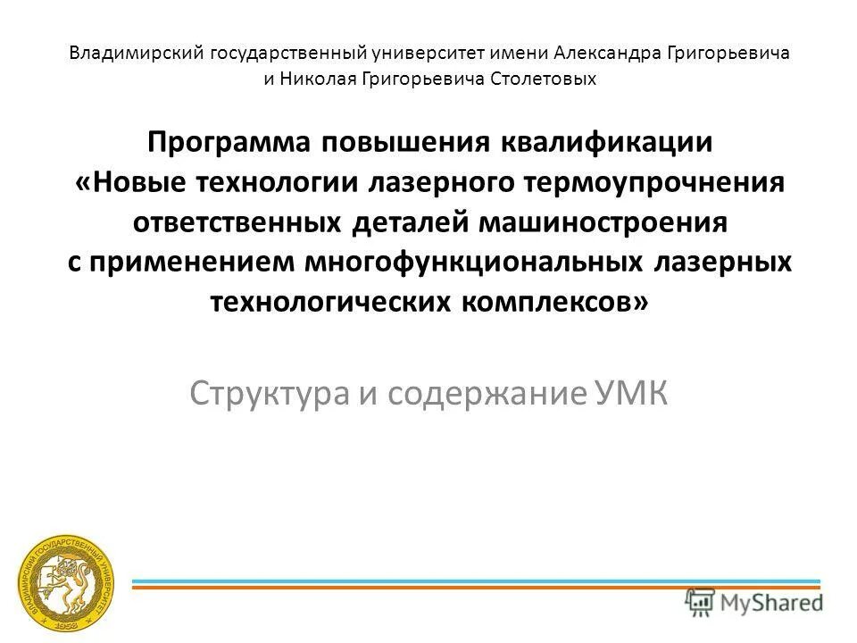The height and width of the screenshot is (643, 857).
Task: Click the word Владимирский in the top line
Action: [x=137, y=53]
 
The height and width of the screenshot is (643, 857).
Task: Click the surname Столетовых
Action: [x=545, y=79]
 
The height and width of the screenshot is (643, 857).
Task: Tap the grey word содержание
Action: [x=483, y=392]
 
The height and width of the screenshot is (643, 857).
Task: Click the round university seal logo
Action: [x=68, y=586]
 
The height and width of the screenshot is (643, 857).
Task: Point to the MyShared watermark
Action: [x=754, y=601]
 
